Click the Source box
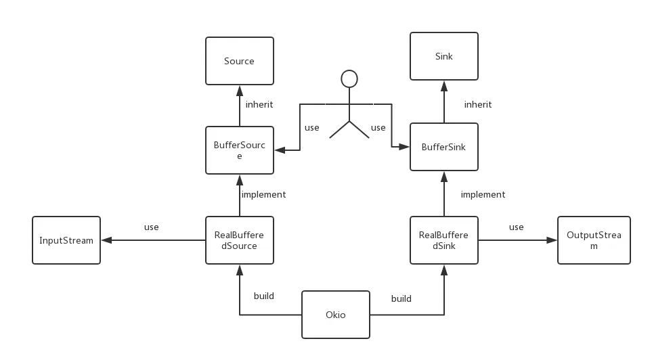click(239, 61)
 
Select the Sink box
click(443, 56)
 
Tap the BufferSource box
click(239, 150)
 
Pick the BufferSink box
click(443, 146)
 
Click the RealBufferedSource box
click(239, 240)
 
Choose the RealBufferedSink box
click(443, 240)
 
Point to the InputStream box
click(66, 240)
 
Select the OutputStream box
click(593, 240)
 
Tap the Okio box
click(335, 315)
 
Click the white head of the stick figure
click(349, 79)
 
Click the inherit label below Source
click(260, 105)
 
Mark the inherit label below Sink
click(477, 105)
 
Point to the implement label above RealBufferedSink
click(483, 195)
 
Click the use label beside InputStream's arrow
click(150, 227)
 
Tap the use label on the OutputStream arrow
click(517, 227)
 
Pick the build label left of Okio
click(264, 297)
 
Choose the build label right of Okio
click(401, 298)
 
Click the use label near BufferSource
click(311, 128)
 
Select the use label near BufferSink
click(377, 128)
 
